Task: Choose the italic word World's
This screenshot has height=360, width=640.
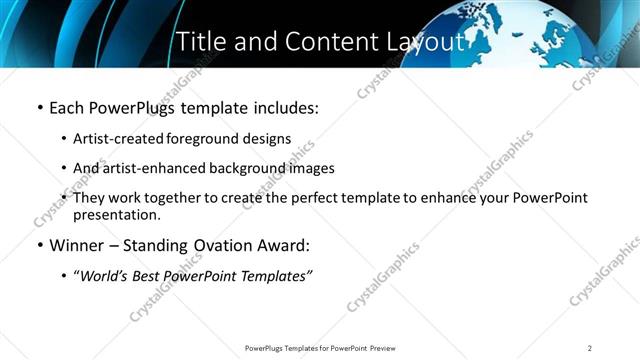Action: [x=103, y=276]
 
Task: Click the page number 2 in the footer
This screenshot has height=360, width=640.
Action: [x=589, y=348]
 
